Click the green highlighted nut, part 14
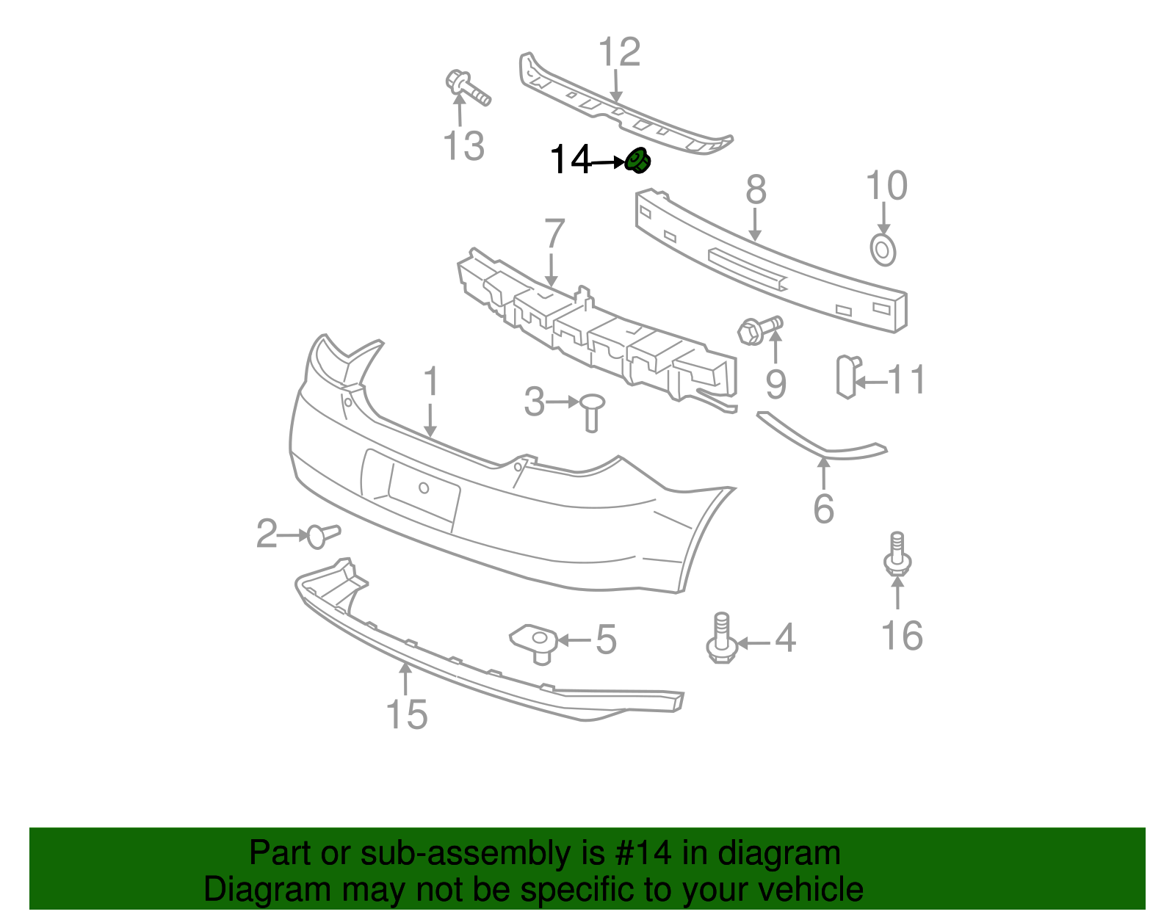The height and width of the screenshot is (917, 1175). pos(637,161)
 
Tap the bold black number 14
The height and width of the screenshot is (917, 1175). pos(570,160)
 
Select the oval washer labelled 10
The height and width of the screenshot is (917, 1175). pos(883,250)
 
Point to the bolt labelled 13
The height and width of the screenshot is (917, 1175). pos(466,88)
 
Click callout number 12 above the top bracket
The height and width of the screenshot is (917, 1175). pos(619,53)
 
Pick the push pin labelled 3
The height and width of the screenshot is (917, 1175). pos(591,411)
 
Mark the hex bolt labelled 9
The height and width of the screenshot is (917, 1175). pos(759,329)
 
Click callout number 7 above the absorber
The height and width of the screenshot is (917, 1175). pos(554,234)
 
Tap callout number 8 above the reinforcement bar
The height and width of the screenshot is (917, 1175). pos(756,190)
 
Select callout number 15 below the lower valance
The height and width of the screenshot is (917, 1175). pos(406,714)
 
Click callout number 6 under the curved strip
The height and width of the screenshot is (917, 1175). pos(824,509)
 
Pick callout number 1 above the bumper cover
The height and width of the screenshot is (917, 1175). pos(431,383)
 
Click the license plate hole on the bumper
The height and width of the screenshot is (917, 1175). pos(424,488)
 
